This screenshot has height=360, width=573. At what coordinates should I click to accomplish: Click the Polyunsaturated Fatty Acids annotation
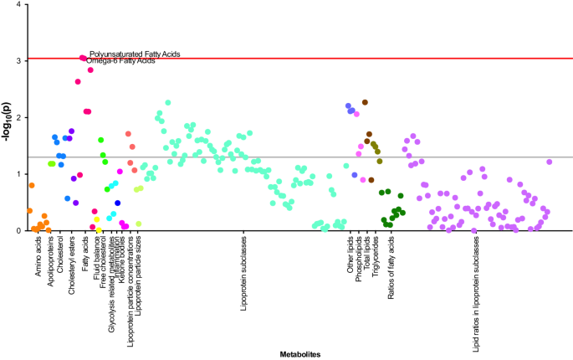(135, 54)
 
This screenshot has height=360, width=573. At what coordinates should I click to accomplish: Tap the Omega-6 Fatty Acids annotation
(120, 61)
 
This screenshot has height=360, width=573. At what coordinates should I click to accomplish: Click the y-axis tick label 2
(19, 118)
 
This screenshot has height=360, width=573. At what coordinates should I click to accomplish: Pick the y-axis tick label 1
(19, 174)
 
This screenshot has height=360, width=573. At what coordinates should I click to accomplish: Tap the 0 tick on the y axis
(19, 230)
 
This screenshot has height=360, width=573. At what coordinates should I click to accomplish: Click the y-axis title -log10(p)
(8, 118)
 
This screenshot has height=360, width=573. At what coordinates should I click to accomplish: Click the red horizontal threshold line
(335, 59)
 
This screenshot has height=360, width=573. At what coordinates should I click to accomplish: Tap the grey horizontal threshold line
(335, 157)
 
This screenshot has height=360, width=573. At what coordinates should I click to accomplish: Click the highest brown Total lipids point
(366, 102)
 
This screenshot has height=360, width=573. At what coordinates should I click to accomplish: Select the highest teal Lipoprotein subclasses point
(168, 102)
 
